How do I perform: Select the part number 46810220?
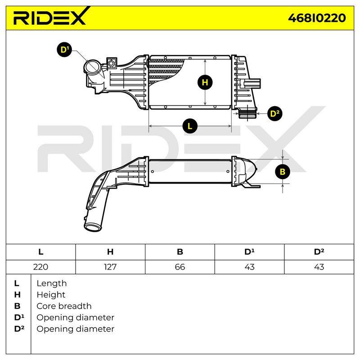317,18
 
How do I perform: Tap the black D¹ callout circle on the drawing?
64,49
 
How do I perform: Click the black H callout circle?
205,82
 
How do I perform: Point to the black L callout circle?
190,126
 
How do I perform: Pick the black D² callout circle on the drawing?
275,113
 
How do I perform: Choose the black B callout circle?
283,171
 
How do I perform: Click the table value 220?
40,267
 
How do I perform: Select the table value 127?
110,267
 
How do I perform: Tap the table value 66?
180,267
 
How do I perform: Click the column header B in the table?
180,252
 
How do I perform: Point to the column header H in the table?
110,252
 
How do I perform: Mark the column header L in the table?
40,252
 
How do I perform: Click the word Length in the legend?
52,283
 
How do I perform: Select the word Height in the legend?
51,295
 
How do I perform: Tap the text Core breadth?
64,306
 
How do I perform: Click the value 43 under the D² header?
319,267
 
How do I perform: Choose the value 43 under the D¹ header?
249,267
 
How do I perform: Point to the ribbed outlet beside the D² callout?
247,113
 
